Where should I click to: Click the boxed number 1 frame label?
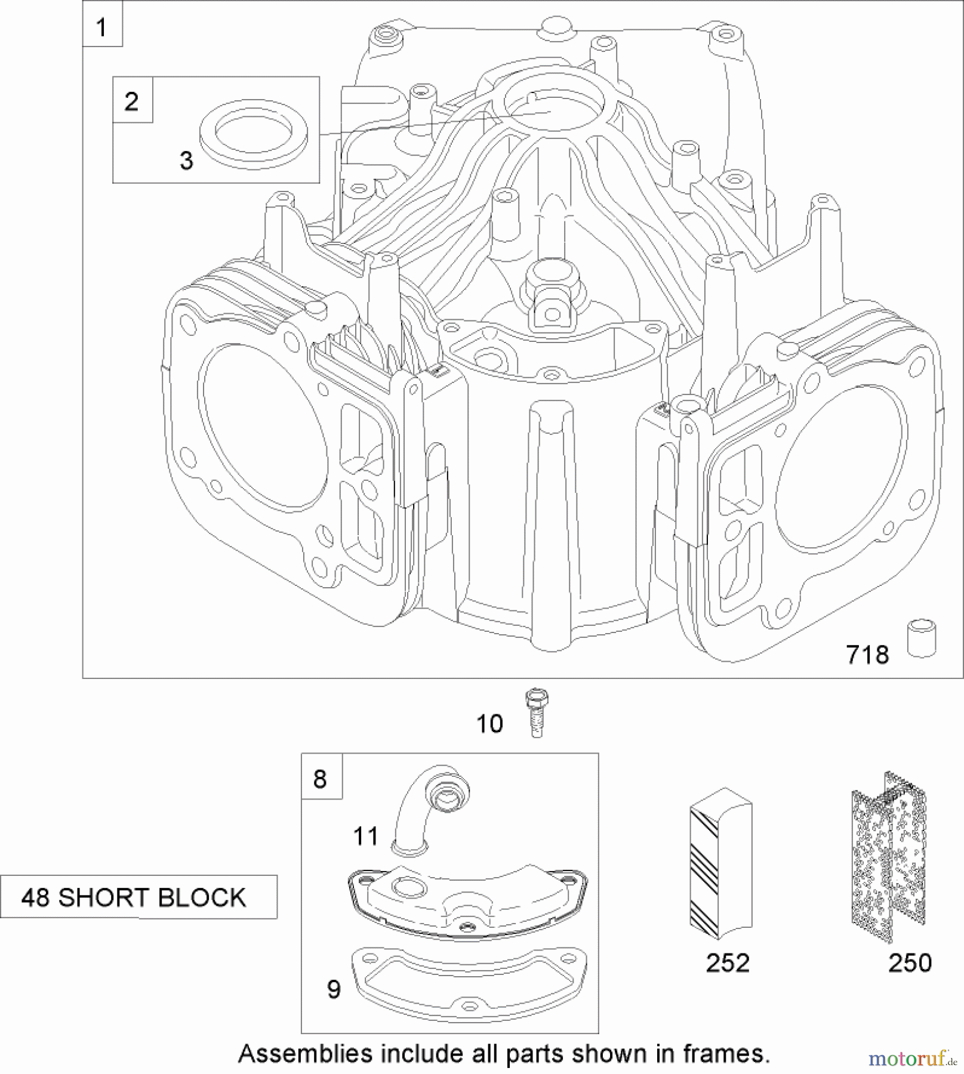(x=102, y=27)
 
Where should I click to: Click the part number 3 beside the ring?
(x=186, y=161)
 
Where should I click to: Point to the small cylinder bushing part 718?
(x=922, y=638)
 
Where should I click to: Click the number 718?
(x=867, y=655)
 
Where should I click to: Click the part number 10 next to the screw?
(x=489, y=724)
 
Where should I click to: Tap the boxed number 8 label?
(x=321, y=778)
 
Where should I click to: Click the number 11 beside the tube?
(x=365, y=837)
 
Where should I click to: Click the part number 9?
(x=334, y=989)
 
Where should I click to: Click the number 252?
(x=727, y=963)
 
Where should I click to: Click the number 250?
(x=910, y=963)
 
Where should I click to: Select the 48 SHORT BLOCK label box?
(x=138, y=897)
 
